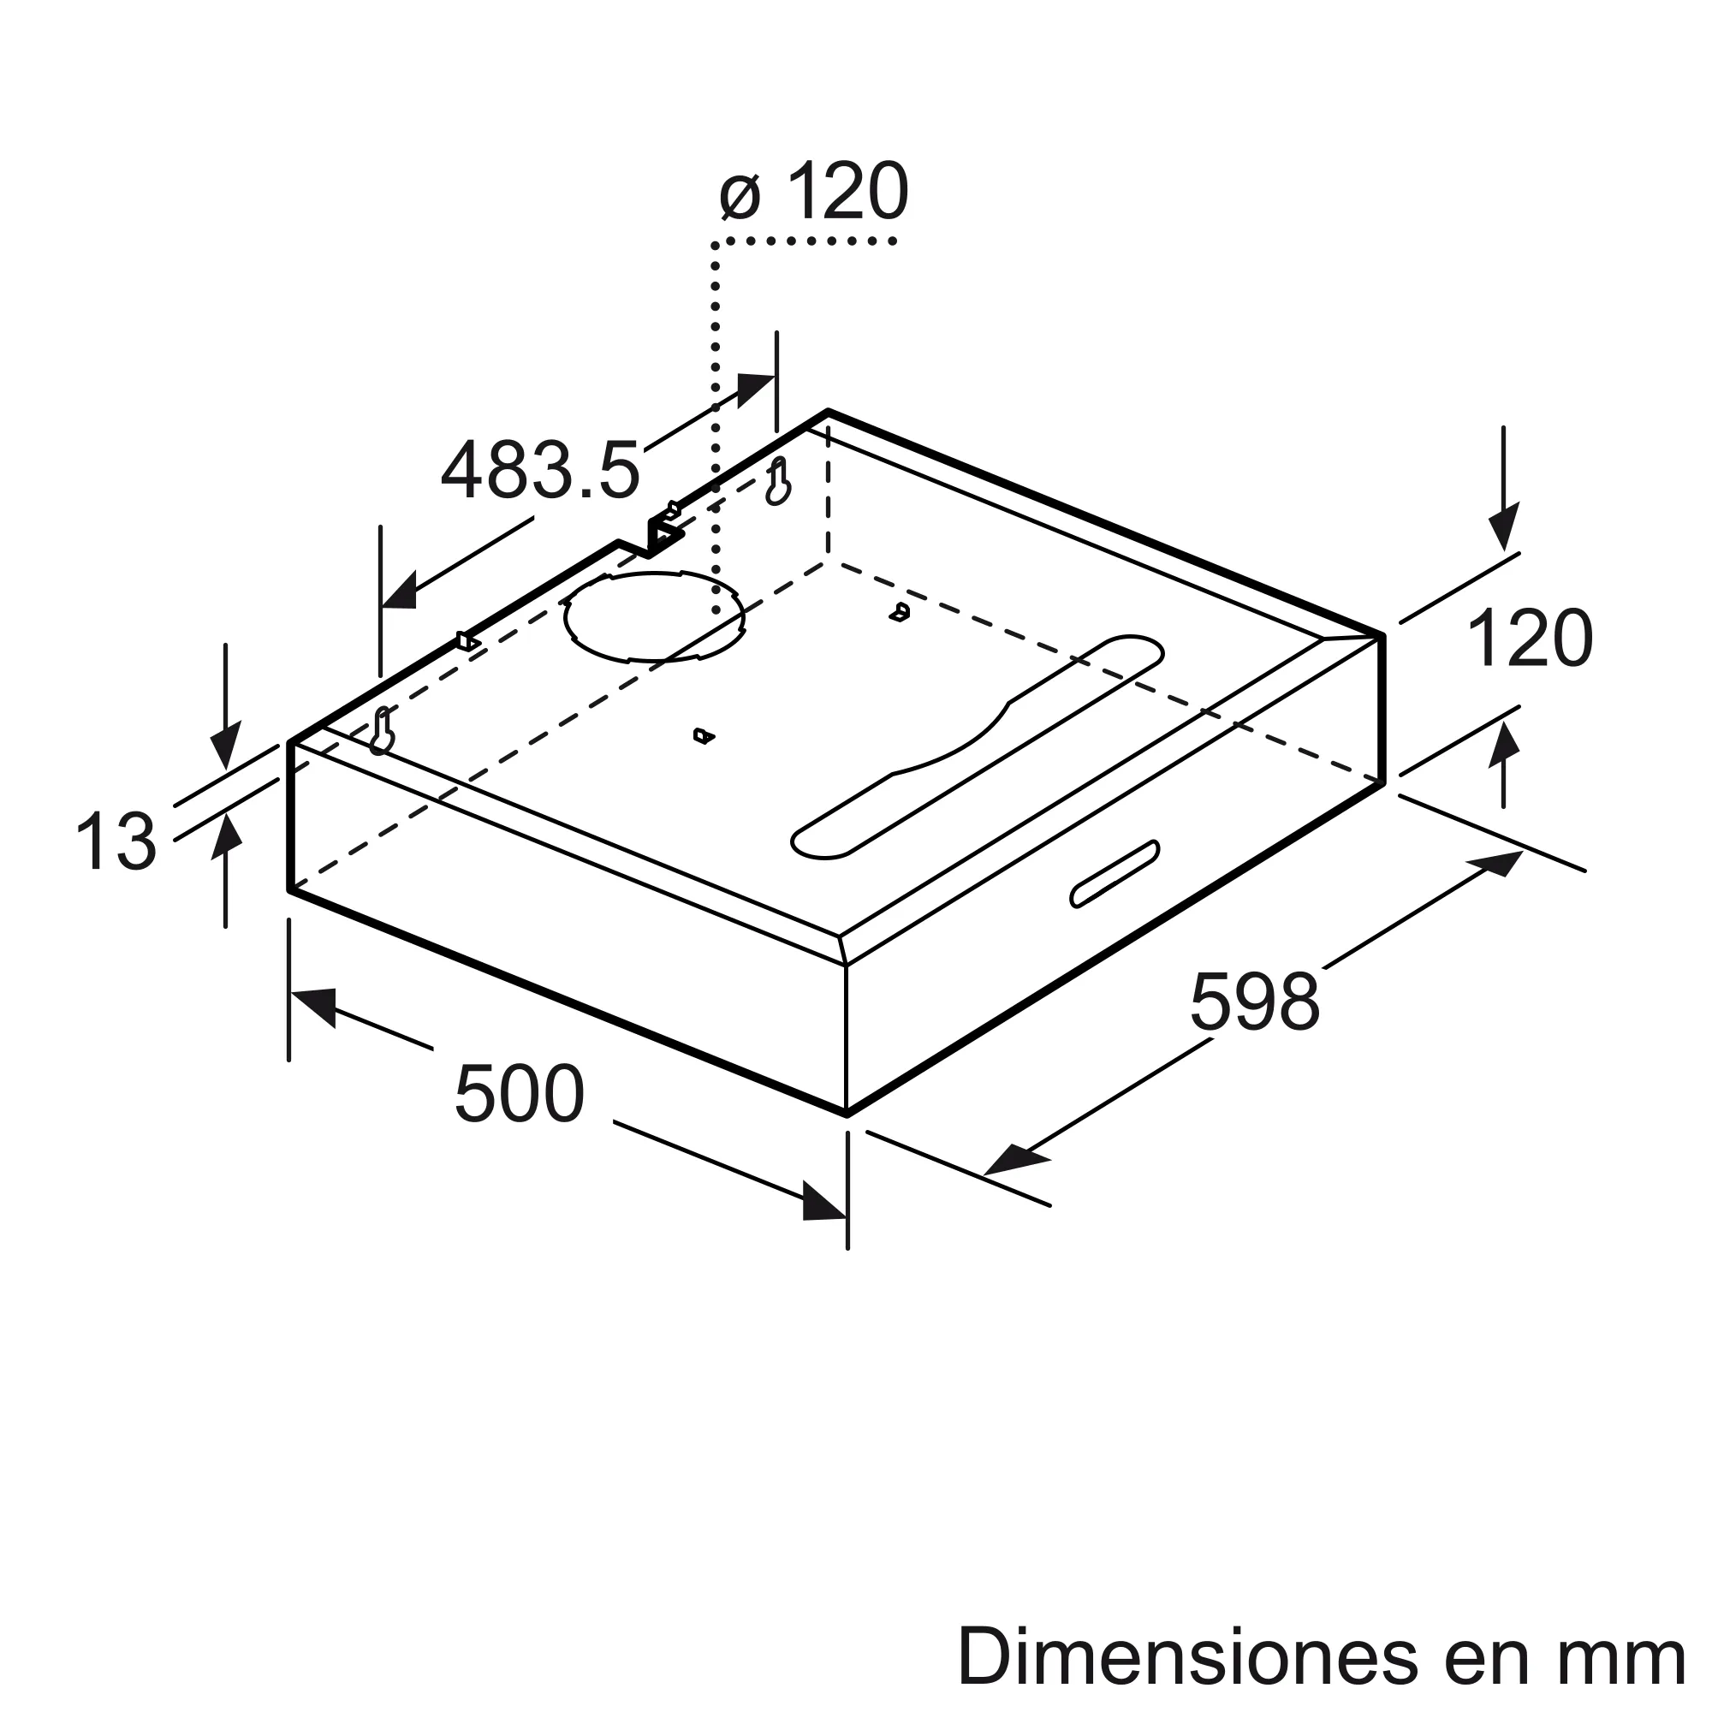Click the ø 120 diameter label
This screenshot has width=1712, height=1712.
[x=814, y=192]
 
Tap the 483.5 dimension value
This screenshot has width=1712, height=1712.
[x=539, y=471]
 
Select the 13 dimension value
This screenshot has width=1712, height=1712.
[x=116, y=841]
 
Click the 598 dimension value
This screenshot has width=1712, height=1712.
[x=1255, y=1002]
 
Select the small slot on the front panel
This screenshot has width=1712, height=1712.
[x=1115, y=874]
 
